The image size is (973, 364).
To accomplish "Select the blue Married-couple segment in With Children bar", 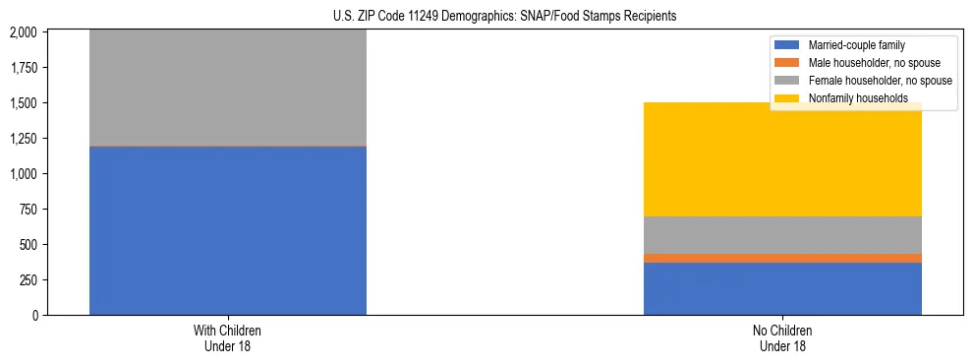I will [x=228, y=230].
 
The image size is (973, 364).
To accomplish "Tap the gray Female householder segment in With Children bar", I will [x=228, y=89].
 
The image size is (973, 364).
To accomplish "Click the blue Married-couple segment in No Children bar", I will [x=782, y=288].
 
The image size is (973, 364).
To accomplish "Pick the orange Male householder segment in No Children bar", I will [x=782, y=258].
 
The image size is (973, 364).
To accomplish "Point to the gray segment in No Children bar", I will [x=782, y=234].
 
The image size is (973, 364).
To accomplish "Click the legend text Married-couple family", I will [x=856, y=45].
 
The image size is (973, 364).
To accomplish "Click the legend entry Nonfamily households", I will [x=851, y=98].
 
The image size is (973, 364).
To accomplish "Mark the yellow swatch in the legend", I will [x=788, y=98].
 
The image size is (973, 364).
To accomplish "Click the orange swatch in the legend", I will [x=788, y=63].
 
